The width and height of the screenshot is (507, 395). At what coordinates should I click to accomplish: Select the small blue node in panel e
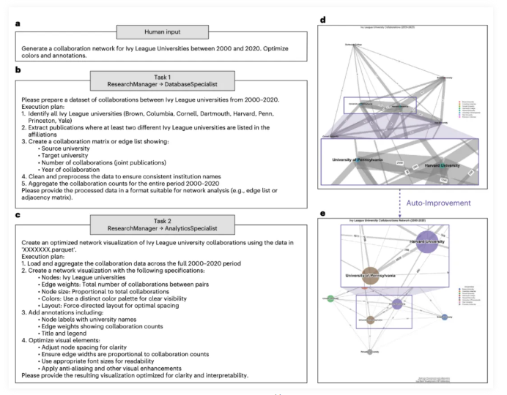445,317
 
